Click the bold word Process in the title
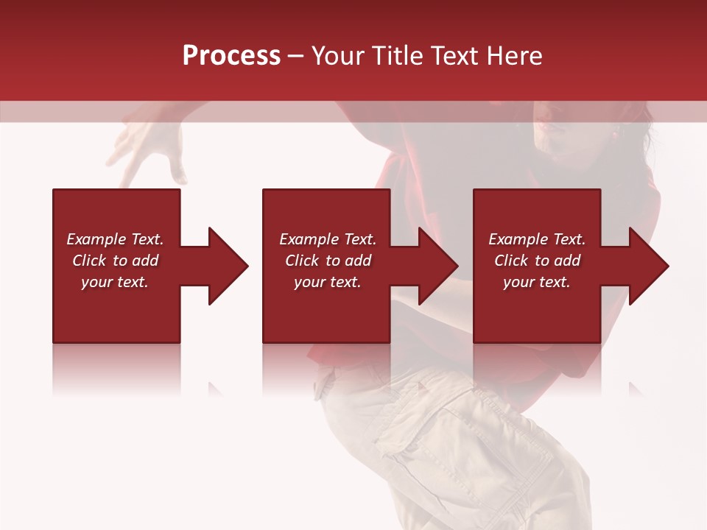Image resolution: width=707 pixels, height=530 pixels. [x=231, y=56]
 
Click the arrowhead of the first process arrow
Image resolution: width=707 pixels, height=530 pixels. [x=228, y=266]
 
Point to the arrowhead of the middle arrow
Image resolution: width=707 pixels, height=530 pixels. [x=438, y=266]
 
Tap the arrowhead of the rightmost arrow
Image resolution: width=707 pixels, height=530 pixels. [x=649, y=266]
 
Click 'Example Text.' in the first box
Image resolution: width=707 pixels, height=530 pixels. [x=115, y=239]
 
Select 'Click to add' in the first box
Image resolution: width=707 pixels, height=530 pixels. [x=115, y=261]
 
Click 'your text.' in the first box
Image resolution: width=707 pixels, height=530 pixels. [x=115, y=282]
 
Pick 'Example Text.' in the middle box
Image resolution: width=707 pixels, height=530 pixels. [x=328, y=239]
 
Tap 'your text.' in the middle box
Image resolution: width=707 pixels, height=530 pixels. [x=328, y=282]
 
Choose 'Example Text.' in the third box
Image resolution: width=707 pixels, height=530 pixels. [x=537, y=239]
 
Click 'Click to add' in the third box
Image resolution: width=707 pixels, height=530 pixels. [x=537, y=261]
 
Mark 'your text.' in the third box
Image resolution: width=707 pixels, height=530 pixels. [x=537, y=282]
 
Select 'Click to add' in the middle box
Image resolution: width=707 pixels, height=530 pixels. [x=328, y=261]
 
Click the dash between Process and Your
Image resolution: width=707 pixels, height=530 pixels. [x=296, y=56]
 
